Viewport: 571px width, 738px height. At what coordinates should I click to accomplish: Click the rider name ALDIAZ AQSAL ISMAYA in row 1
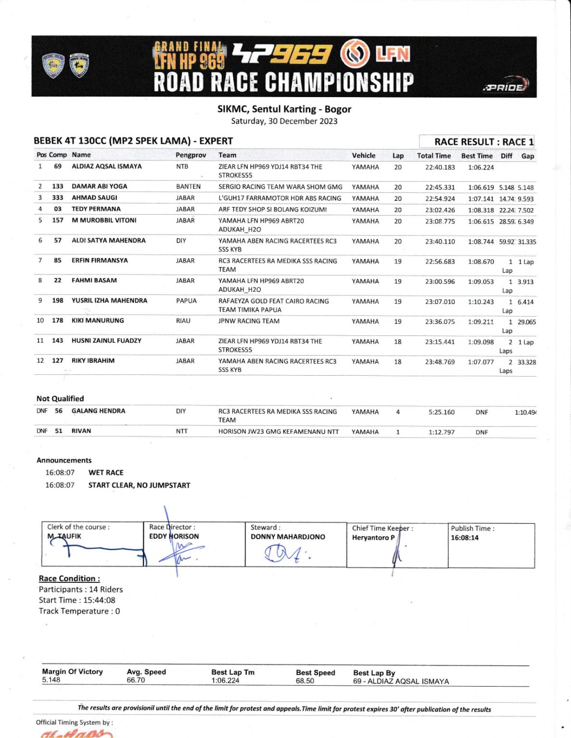(x=107, y=166)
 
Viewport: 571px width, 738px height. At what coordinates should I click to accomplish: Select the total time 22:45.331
(x=440, y=187)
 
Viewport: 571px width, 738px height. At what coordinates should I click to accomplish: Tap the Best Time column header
(x=477, y=156)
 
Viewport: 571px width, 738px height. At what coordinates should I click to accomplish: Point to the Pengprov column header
(x=190, y=155)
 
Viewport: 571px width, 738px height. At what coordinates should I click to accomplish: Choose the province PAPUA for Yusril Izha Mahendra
(x=186, y=301)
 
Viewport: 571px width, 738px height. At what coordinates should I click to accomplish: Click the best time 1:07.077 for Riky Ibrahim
(x=481, y=362)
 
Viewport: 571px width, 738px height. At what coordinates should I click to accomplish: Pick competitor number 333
(x=58, y=197)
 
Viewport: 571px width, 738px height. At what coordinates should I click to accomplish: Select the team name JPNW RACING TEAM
(x=249, y=321)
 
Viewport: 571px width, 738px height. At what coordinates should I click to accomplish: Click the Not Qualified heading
(x=60, y=398)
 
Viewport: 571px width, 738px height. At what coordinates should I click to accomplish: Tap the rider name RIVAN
(x=81, y=431)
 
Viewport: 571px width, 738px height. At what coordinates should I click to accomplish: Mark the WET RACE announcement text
(x=106, y=473)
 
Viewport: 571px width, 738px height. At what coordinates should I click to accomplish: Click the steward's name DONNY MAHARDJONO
(x=288, y=537)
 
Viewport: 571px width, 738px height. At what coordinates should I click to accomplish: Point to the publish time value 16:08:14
(x=465, y=538)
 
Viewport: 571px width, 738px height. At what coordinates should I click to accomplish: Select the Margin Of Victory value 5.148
(x=51, y=680)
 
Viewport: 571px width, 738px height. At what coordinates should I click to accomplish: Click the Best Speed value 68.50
(x=305, y=681)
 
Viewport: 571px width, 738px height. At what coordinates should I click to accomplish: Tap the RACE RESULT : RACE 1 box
(x=483, y=142)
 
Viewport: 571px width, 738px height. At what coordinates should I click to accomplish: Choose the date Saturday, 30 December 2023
(x=284, y=121)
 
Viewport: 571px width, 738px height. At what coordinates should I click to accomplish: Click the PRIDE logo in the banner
(x=506, y=86)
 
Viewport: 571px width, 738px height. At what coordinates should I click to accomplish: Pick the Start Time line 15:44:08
(x=77, y=600)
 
